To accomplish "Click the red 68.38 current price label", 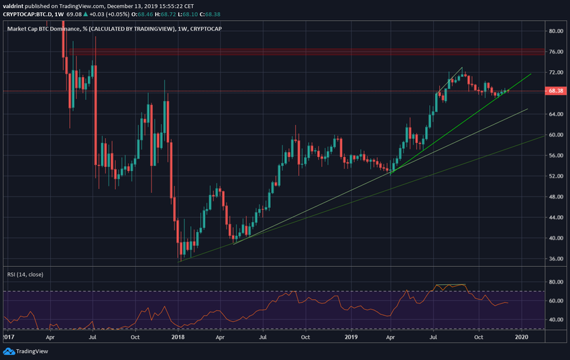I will pos(555,91).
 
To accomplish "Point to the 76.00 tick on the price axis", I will pos(555,52).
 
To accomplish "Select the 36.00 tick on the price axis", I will pos(555,259).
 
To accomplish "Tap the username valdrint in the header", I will pos(15,5).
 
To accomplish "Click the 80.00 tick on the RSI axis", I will pos(555,282).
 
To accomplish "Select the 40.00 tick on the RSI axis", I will pos(555,320).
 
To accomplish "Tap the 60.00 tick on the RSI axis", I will pos(555,301).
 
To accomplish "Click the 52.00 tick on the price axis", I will pos(555,176).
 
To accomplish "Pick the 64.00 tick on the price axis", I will pos(555,114).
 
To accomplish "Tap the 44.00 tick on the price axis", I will pos(555,217).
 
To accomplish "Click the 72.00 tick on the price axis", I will pos(555,72).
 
